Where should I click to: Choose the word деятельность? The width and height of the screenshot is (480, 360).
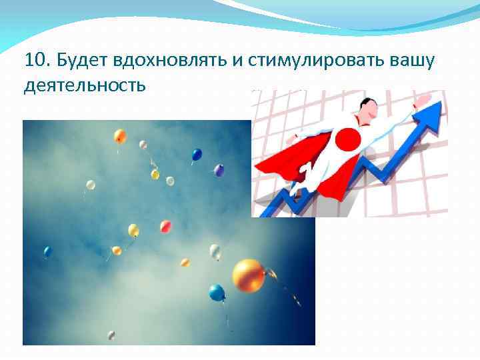tap(83, 86)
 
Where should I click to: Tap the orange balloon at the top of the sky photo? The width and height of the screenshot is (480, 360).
tap(120, 136)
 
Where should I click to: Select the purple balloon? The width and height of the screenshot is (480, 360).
tap(219, 171)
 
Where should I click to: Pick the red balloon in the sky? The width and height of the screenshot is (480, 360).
tap(165, 227)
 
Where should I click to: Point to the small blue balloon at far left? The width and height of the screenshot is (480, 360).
tap(47, 251)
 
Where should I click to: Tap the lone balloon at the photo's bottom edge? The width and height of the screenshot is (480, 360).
tap(111, 335)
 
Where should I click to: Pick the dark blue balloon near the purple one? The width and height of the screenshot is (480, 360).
tap(197, 155)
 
